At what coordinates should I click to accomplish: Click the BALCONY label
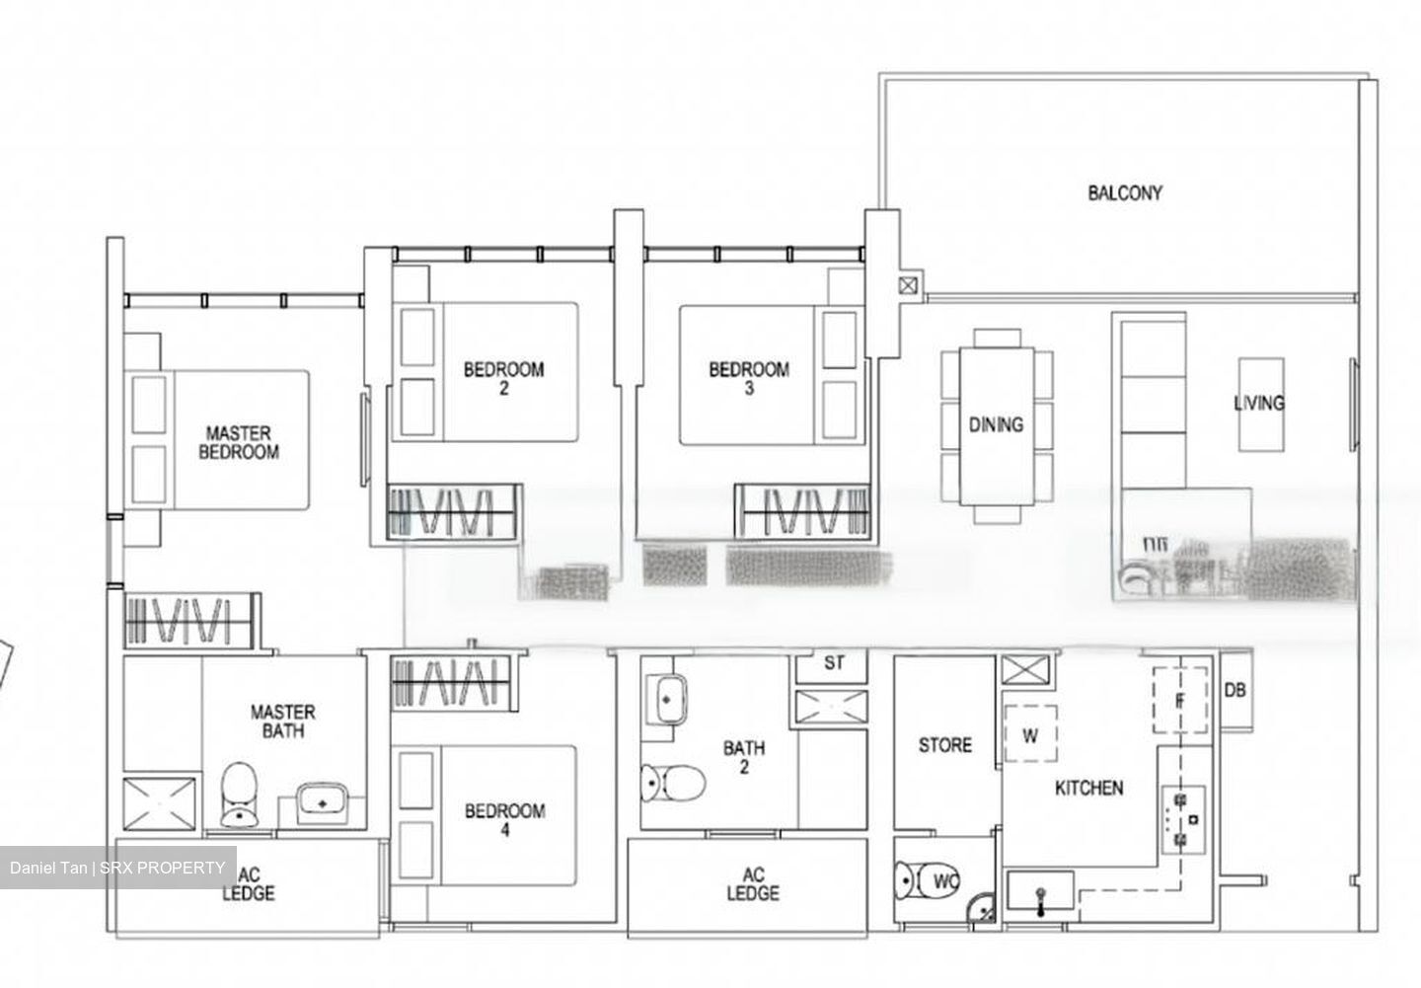click(1125, 192)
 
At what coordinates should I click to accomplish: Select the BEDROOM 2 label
click(503, 379)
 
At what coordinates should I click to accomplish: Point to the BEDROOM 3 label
click(749, 379)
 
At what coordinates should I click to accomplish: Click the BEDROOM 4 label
click(504, 820)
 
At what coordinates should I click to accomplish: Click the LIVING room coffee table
click(1260, 404)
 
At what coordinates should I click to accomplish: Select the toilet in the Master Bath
click(239, 794)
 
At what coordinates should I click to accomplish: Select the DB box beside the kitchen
click(1234, 690)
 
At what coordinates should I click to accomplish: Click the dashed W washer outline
click(1030, 734)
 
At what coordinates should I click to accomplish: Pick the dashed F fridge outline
click(1180, 700)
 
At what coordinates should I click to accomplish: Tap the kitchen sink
click(1040, 894)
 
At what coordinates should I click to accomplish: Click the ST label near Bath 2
click(834, 663)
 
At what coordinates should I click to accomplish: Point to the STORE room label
click(944, 745)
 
